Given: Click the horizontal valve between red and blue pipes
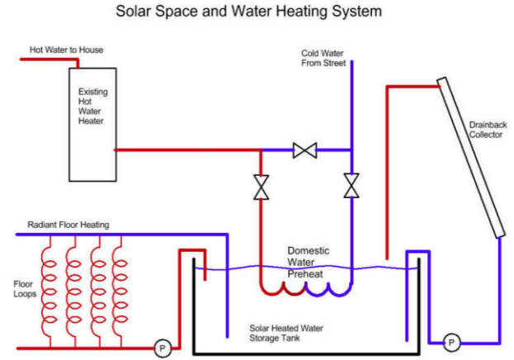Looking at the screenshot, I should [x=306, y=150].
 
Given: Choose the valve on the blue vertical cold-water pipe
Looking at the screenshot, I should [x=352, y=186].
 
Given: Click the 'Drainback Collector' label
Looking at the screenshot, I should [x=486, y=130].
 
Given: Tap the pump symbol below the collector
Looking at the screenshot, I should [x=451, y=341].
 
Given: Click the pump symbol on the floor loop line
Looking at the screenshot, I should [x=163, y=348].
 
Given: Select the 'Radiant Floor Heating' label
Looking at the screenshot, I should [x=68, y=225].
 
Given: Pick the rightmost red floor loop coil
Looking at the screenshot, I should [x=120, y=289].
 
